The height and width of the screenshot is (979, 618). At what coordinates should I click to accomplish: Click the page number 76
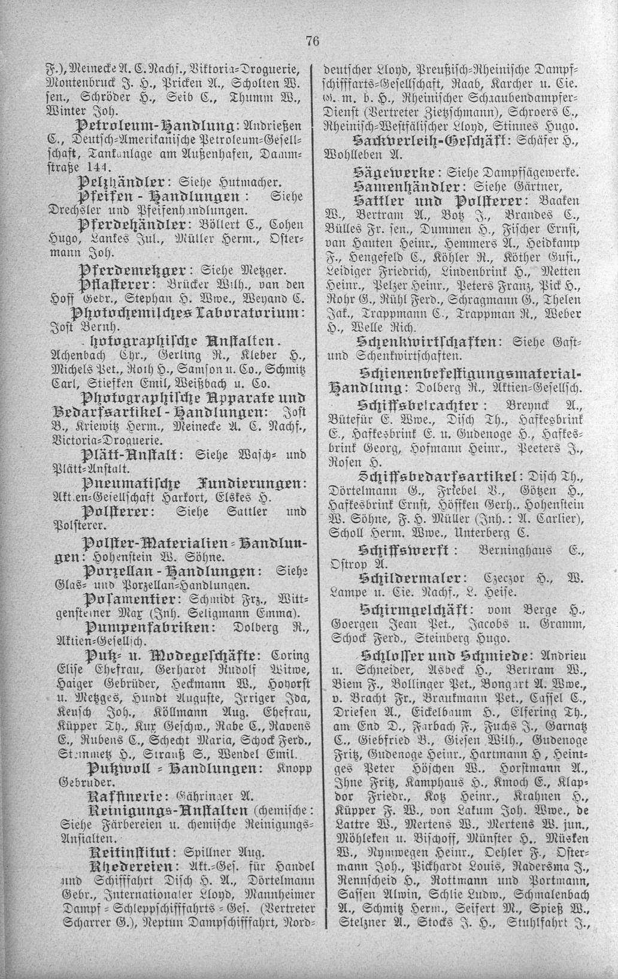312,41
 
